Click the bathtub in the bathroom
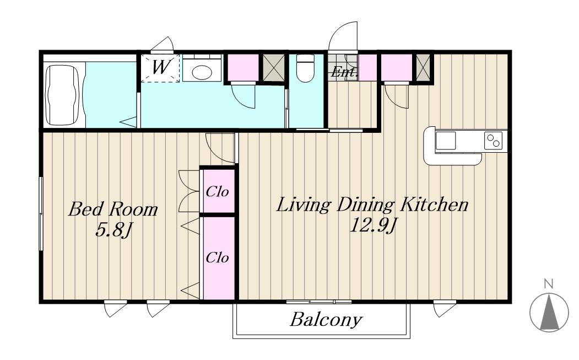coord(62,95)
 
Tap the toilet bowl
coord(305,68)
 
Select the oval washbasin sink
coord(202,72)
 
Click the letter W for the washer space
coord(161,67)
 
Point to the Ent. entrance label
coord(344,71)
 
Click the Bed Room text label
coord(113,209)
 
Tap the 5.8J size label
coord(113,230)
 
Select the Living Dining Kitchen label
coord(372,205)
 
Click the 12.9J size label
coord(372,225)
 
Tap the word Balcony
coord(326,320)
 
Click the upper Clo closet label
coord(217,191)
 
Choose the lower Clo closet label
coord(217,257)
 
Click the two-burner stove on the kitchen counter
coord(493,141)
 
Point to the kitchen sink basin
coord(446,141)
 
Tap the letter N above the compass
coord(549,284)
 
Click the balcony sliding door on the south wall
coord(318,302)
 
